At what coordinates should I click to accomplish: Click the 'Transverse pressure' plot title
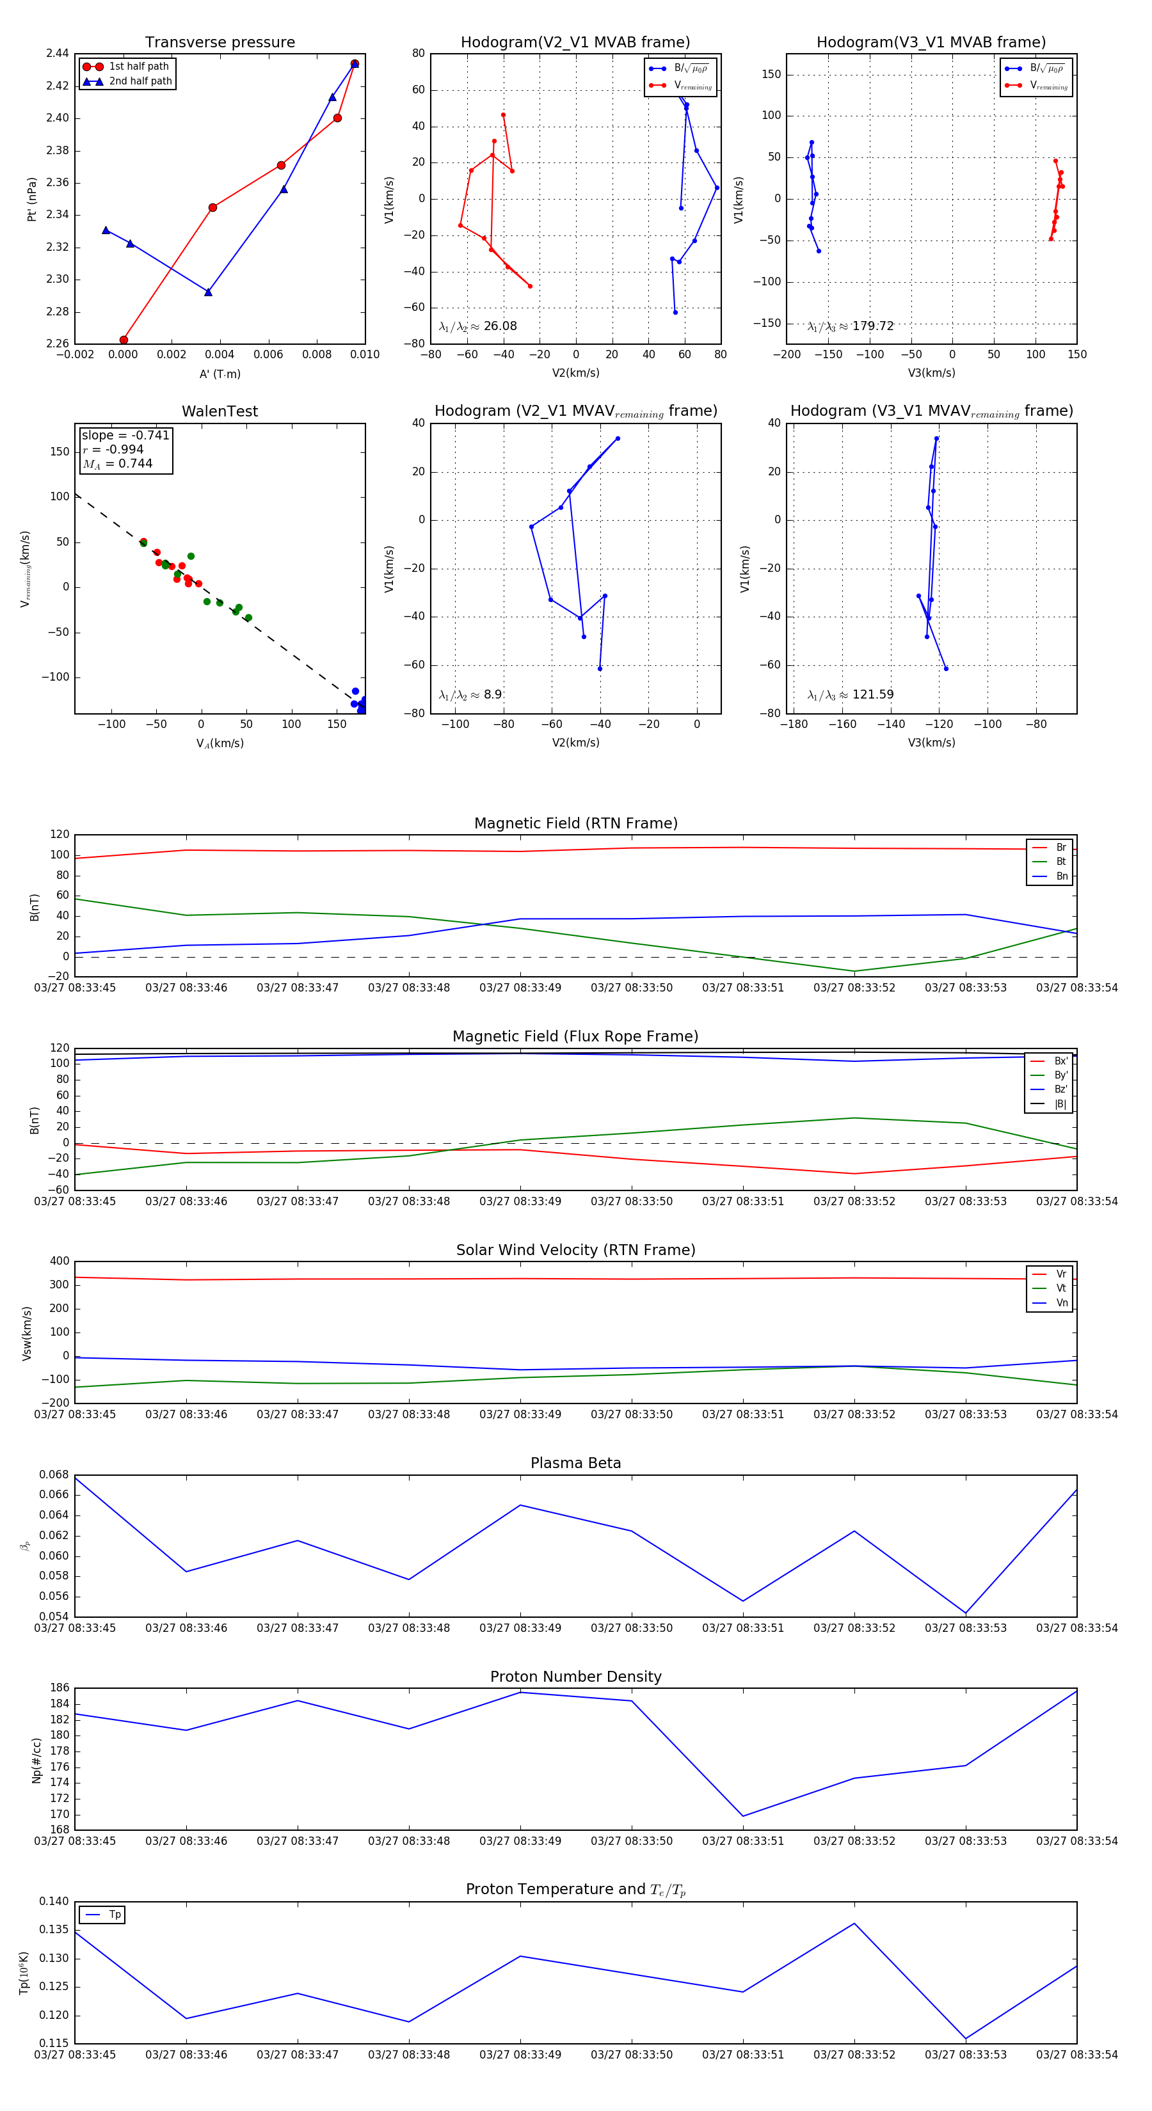[220, 43]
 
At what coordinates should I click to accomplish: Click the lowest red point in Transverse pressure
[124, 340]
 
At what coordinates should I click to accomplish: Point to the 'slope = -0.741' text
[125, 435]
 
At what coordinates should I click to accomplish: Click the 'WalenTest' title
[220, 411]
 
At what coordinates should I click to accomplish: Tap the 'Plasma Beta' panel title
[575, 1463]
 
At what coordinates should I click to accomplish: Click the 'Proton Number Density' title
[575, 1676]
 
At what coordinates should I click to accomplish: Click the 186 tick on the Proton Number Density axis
[59, 1688]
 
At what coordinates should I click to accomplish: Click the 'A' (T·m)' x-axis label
[220, 374]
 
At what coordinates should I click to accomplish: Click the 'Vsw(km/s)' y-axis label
[27, 1333]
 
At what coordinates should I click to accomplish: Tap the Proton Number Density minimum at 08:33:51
[743, 1816]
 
